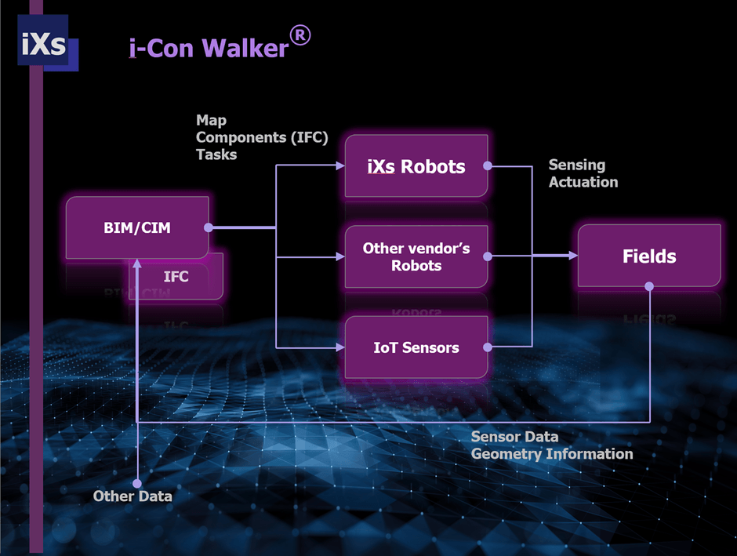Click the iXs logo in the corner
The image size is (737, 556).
(x=44, y=44)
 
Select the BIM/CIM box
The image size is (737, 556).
(x=137, y=228)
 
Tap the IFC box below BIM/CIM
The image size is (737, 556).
(x=176, y=277)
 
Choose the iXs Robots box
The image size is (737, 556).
(x=416, y=166)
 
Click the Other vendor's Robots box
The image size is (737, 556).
(x=416, y=256)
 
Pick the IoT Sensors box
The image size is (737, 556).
(x=416, y=347)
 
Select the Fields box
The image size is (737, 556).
(x=649, y=256)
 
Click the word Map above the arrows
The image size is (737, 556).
(x=211, y=121)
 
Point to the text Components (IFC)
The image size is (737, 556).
(x=262, y=137)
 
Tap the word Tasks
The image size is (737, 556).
(x=216, y=154)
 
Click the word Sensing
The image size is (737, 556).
(x=577, y=165)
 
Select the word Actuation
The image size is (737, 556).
(x=583, y=182)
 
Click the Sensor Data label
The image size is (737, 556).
(x=514, y=437)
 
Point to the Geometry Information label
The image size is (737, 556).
(x=552, y=454)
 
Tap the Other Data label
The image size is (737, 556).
(x=133, y=496)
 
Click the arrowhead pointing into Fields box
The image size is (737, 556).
(x=572, y=256)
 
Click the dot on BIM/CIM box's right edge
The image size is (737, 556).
(x=209, y=228)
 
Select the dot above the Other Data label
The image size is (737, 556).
(x=137, y=483)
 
